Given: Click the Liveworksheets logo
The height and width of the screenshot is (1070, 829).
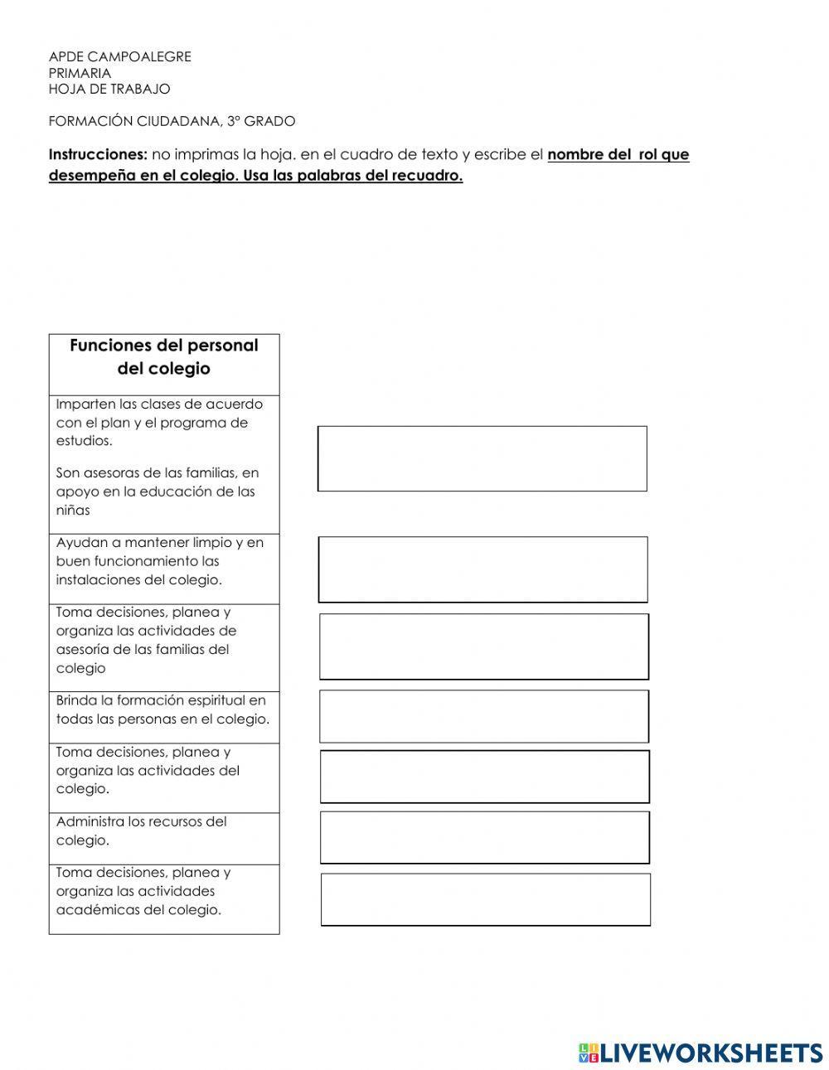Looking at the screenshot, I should click(x=700, y=1052).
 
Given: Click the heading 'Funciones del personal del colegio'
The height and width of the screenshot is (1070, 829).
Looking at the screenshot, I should click(x=164, y=357).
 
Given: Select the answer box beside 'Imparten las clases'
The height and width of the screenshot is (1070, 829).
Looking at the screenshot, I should click(x=482, y=458).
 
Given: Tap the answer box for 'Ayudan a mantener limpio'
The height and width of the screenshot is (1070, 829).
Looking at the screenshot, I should click(x=482, y=569).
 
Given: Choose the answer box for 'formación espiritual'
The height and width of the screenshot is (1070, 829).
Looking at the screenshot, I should click(x=484, y=716).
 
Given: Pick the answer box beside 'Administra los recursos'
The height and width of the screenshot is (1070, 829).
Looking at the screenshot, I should click(x=485, y=837).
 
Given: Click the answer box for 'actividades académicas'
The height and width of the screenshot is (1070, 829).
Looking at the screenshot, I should click(x=485, y=899).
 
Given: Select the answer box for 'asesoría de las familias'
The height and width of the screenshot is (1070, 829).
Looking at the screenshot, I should click(x=484, y=646).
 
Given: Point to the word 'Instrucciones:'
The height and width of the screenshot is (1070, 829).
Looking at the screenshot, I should click(x=98, y=155).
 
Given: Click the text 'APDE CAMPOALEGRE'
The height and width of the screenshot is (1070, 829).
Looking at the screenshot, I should click(x=119, y=56).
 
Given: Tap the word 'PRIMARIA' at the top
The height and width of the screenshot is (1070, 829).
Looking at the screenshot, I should click(x=80, y=73).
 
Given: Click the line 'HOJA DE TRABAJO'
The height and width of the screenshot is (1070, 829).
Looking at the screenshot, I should click(x=109, y=89).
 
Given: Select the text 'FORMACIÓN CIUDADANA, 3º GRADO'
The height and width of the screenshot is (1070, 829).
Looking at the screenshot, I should click(x=172, y=121).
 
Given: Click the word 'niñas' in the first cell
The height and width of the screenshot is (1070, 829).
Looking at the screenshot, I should click(x=73, y=511).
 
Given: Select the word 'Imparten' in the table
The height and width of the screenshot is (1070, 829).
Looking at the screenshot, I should click(x=84, y=404).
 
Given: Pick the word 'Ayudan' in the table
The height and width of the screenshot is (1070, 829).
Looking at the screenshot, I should click(x=78, y=543).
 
